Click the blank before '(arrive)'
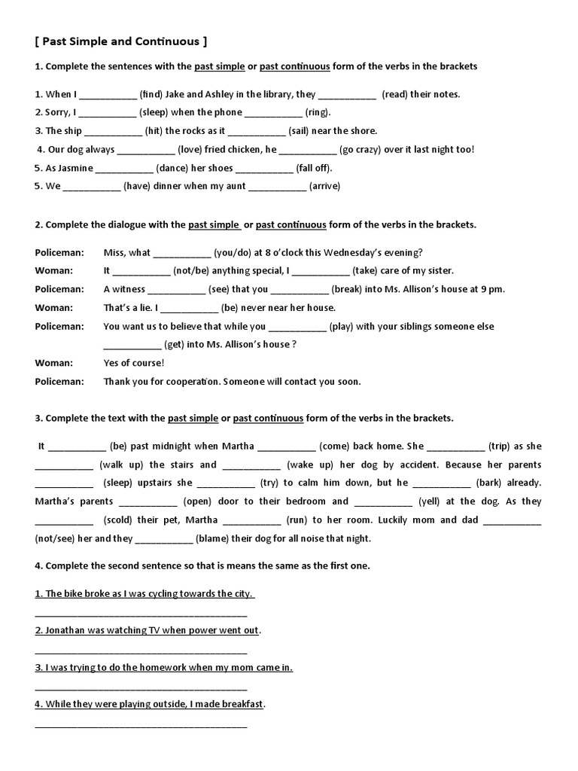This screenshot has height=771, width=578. pos(277,187)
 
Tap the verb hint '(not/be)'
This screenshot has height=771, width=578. pos(193,271)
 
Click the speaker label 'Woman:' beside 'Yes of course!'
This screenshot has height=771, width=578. pos(54,363)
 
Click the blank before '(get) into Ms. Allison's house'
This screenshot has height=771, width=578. pos(132,345)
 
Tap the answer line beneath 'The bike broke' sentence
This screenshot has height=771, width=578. pos(141,614)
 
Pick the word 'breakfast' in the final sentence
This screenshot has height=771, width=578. pos(238,705)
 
